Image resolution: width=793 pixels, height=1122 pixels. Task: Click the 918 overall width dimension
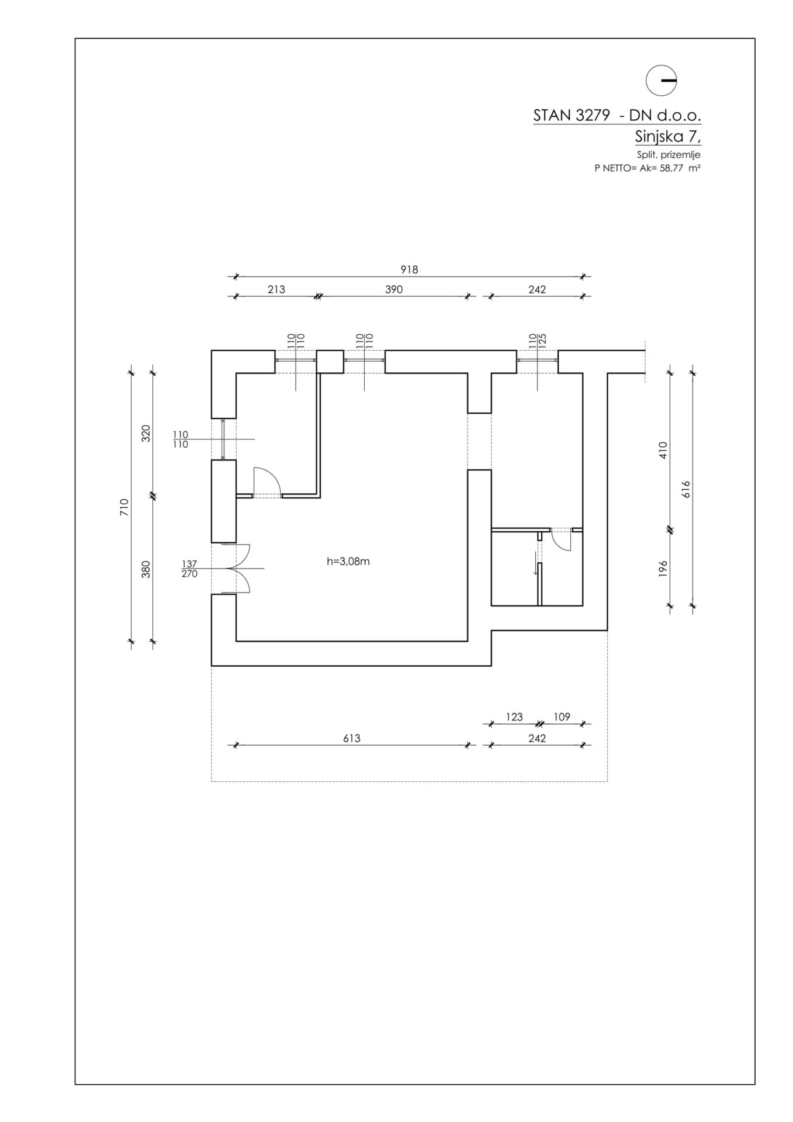(x=409, y=270)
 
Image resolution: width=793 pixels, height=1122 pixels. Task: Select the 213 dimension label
(x=276, y=289)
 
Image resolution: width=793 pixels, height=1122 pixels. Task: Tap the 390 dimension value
(x=394, y=289)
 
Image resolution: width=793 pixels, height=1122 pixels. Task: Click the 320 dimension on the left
(x=146, y=433)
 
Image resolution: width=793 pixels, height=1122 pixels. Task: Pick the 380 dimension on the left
(x=146, y=569)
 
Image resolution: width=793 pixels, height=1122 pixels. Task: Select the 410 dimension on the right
(x=663, y=450)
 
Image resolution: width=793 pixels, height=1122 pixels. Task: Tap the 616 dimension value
(x=686, y=489)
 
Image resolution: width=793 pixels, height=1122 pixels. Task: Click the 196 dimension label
(x=663, y=569)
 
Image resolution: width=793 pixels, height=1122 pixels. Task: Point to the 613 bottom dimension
(x=351, y=738)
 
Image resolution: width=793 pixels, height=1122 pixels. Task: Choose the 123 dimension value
(x=514, y=717)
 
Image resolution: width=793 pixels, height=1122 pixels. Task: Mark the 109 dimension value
(x=562, y=717)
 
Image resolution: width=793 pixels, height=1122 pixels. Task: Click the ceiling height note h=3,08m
(x=348, y=562)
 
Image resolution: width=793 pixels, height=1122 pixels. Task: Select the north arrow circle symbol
(x=661, y=80)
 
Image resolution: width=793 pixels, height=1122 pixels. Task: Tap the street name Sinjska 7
(x=667, y=137)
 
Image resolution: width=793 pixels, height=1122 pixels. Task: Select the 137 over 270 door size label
(x=190, y=569)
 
